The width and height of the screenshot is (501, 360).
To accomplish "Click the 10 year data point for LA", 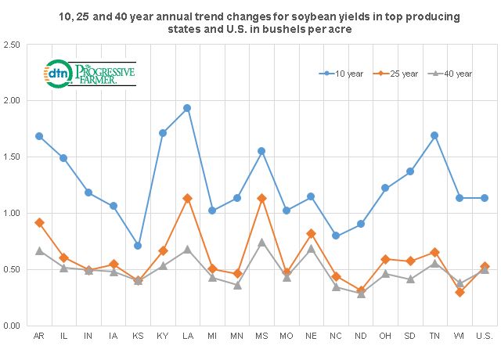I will point(187,108).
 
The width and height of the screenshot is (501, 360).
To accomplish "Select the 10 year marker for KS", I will point(138,246).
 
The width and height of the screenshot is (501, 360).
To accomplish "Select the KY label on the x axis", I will point(162,337).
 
